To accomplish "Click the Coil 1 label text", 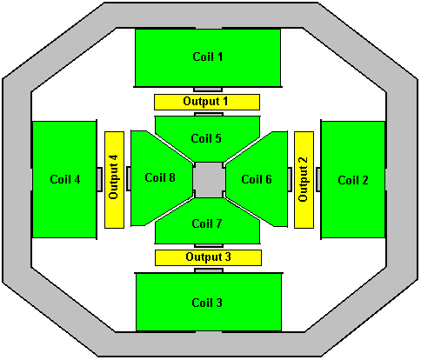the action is [208, 57].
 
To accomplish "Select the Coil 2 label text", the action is [353, 180].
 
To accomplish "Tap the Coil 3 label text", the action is [207, 303].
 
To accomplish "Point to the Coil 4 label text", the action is [65, 179].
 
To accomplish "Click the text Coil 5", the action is [206, 138].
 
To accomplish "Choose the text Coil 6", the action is [257, 179].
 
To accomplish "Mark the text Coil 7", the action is [207, 223].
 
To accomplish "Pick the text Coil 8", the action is [160, 177].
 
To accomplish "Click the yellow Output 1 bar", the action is [207, 102].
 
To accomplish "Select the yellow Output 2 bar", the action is [304, 180].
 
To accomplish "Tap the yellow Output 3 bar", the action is [208, 257].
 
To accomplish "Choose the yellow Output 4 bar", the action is [114, 180].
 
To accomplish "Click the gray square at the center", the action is [209, 180].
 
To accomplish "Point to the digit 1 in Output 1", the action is [225, 101].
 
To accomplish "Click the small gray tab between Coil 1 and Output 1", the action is [208, 90].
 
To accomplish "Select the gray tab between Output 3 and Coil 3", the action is [209, 270].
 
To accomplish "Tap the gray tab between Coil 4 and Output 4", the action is [99, 179].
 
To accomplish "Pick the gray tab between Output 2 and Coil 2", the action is [318, 179].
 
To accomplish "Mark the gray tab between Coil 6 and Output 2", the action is [290, 179].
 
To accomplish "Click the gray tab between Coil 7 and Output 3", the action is [209, 246].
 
